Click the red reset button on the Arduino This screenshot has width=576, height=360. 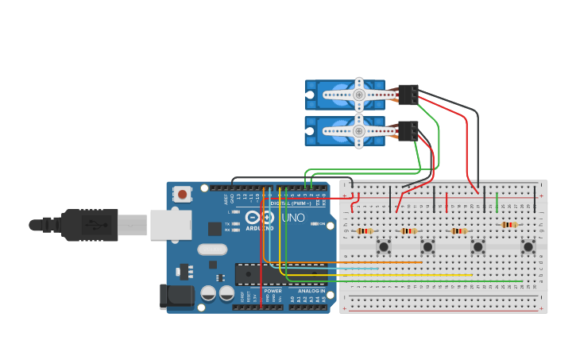(183, 194)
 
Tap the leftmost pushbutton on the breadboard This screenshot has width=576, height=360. (384, 246)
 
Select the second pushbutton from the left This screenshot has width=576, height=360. (427, 246)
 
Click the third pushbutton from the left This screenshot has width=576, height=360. (478, 246)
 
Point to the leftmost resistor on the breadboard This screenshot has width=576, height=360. (365, 231)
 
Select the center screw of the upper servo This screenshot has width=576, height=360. (359, 95)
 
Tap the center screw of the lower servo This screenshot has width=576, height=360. (359, 131)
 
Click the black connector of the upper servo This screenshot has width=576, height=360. (408, 95)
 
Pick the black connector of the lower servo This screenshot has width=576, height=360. (408, 130)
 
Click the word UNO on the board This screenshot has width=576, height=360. (293, 217)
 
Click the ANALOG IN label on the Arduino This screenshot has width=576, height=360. (311, 291)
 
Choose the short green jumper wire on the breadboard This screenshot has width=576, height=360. (497, 202)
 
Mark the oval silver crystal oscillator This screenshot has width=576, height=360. (212, 249)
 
